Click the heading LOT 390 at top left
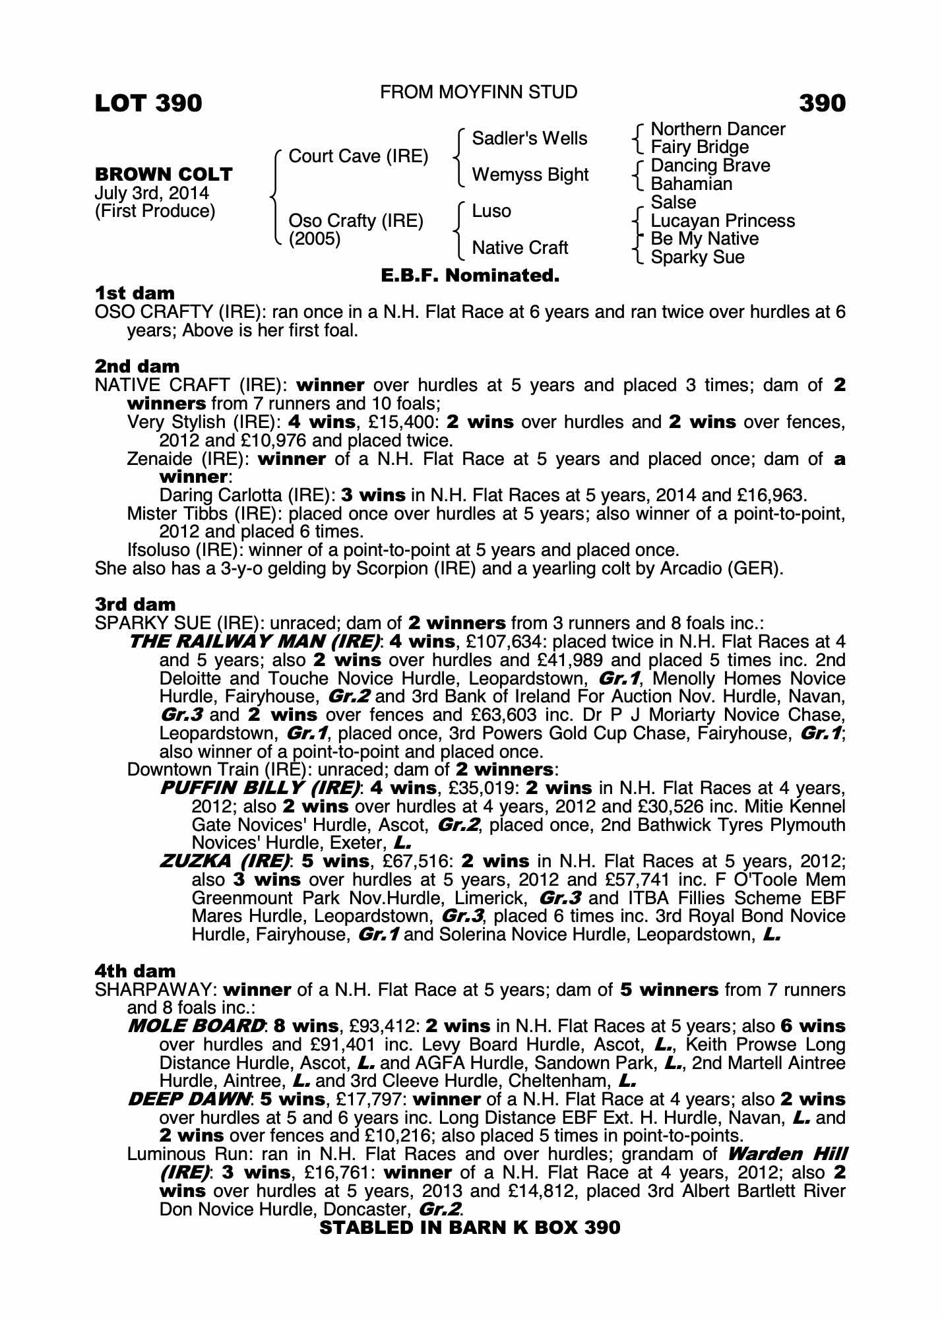pos(148,103)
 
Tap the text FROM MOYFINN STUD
pos(478,92)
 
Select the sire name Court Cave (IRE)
pos(358,156)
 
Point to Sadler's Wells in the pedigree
pos(529,138)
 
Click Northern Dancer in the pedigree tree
pos(718,129)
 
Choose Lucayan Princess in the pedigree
pos(722,220)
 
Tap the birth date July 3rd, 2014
pos(152,193)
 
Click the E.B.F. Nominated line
pos(470,276)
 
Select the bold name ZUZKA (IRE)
pos(225,861)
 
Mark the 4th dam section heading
pos(135,971)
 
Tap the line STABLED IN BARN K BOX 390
pos(470,1227)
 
